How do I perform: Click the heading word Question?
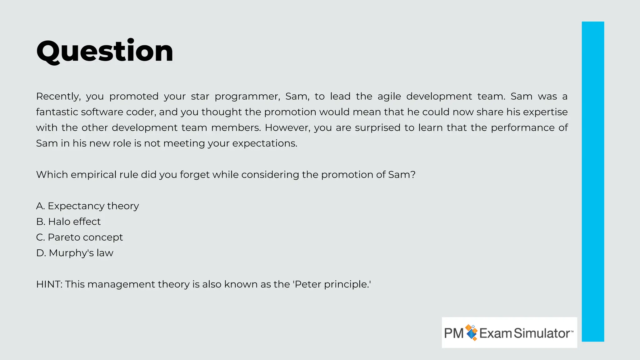click(105, 51)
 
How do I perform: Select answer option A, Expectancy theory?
click(87, 206)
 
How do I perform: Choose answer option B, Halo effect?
click(68, 222)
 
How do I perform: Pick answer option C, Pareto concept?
click(79, 237)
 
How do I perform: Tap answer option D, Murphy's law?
click(75, 253)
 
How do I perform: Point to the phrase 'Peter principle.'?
click(332, 284)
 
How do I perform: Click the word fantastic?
click(57, 112)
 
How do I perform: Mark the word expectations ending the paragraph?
click(265, 143)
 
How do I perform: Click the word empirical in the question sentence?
click(93, 174)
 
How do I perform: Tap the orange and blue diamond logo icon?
click(472, 332)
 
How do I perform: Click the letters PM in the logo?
click(454, 333)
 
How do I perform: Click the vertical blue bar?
click(593, 181)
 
